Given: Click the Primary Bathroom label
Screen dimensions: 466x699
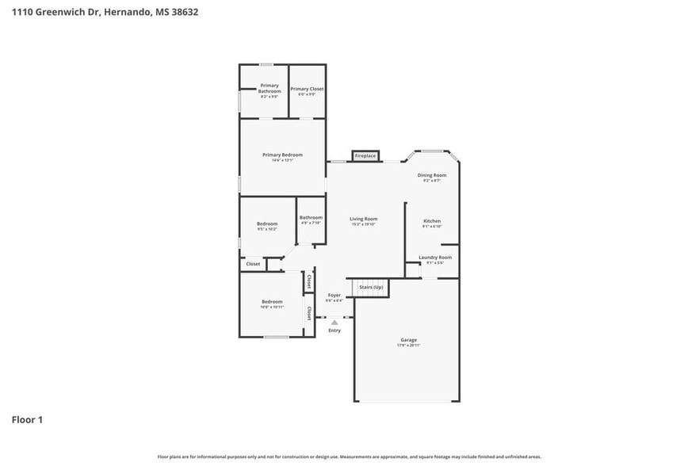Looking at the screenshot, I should [x=269, y=88].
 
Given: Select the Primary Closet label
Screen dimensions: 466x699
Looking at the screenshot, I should [x=307, y=89].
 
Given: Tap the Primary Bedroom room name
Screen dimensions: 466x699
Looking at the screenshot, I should [x=283, y=155].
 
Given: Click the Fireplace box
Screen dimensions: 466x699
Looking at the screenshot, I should [x=365, y=155].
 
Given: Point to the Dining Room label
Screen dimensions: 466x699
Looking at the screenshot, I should [x=432, y=175].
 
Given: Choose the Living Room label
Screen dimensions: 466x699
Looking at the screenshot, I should [x=365, y=219].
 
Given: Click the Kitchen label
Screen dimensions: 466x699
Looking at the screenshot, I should [x=432, y=221].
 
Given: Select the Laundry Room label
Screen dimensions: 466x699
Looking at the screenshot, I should [x=435, y=258].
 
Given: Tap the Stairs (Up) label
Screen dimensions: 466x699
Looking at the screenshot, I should [x=371, y=287].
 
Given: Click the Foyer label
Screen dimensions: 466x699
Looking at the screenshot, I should [x=334, y=295].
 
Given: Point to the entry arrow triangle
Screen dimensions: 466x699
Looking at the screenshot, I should [x=334, y=323].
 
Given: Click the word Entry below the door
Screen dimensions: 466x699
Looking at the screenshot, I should [x=334, y=330].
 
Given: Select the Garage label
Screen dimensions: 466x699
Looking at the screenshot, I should [x=408, y=340].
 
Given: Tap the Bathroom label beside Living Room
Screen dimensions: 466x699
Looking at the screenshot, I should [x=311, y=217].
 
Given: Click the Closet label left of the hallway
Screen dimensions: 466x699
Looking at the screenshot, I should [x=253, y=264].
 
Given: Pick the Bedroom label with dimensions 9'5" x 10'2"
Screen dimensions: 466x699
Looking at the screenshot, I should [x=267, y=224].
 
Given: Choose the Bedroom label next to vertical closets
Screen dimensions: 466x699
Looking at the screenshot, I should [x=272, y=302].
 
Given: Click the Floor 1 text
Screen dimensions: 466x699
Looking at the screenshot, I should [x=27, y=419].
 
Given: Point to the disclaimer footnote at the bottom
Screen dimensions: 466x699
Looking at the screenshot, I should [x=349, y=456].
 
